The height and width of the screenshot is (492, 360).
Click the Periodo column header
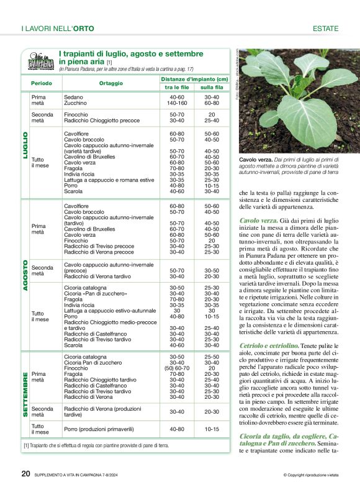coord(42,83)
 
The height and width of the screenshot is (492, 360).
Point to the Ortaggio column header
coord(110,83)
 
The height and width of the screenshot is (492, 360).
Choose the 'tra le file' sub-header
coord(177,88)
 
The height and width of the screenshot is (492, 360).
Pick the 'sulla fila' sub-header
coord(212,88)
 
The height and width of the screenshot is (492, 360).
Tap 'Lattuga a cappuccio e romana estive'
coord(109,180)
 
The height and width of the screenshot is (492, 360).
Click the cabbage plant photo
coord(299,101)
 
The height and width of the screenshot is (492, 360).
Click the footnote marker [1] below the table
coord(27,445)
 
